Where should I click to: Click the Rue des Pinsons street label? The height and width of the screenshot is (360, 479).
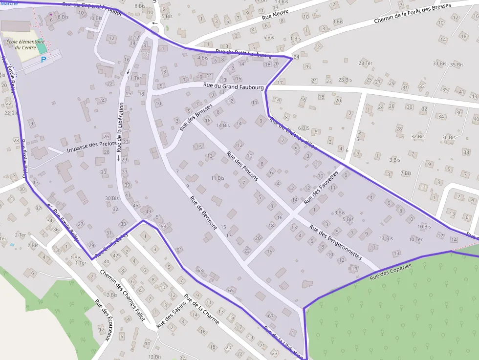pos(242,166)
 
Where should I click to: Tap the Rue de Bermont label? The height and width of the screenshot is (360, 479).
pos(203,213)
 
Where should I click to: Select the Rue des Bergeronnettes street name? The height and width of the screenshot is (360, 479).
pos(335,242)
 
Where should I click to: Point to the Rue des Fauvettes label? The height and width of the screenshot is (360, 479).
pos(321,188)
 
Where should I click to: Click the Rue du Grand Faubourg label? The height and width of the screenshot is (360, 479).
pos(234,86)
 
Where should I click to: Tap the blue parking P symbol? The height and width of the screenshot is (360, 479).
pos(44,60)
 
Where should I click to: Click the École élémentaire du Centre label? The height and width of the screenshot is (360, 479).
pos(25,44)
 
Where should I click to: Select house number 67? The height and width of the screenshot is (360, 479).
pos(271,316)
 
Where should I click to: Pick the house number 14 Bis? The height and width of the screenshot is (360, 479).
pos(223,126)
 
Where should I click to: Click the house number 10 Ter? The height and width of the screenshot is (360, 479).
pos(416,239)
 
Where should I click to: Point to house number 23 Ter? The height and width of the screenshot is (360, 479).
pos(365,64)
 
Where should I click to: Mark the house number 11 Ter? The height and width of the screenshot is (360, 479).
pos(134,78)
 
